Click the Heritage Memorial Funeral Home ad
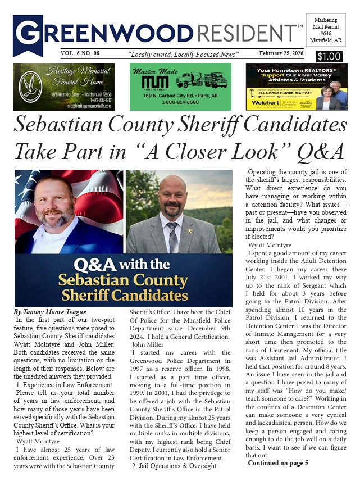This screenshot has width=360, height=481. coord(63,87)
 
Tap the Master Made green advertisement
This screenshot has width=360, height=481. coord(180,87)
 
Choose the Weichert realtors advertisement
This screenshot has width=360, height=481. coord(296,87)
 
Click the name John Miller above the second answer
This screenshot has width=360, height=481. coord(148,343)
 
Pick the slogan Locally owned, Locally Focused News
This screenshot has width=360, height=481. coord(184,53)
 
